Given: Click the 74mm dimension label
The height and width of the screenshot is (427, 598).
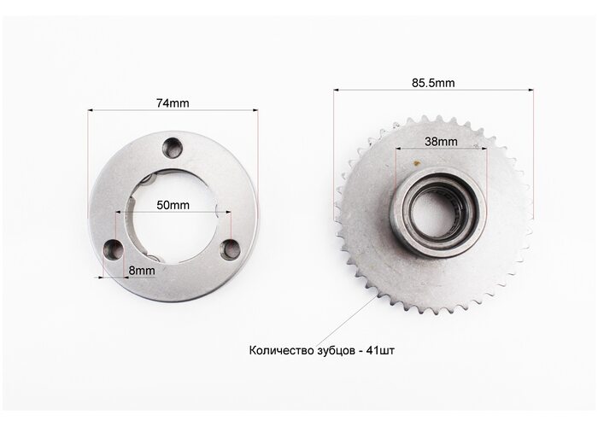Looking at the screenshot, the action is pos(173,103).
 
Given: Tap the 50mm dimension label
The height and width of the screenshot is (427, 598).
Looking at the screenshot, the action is pos(173,205).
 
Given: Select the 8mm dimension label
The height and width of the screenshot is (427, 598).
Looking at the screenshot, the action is pos(142,271).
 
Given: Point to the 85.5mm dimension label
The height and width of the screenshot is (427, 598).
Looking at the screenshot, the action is pos(433,83).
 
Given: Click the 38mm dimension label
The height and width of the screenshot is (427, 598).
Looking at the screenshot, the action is pos(441,142).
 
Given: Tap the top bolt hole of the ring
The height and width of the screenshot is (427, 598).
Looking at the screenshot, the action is pos(173,148).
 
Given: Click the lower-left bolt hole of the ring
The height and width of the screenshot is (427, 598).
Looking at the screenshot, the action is pos(114,250).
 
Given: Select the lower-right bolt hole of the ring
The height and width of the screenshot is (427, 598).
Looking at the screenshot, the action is pos(231,249).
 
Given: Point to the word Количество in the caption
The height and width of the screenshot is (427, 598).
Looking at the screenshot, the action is pos(282,350).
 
